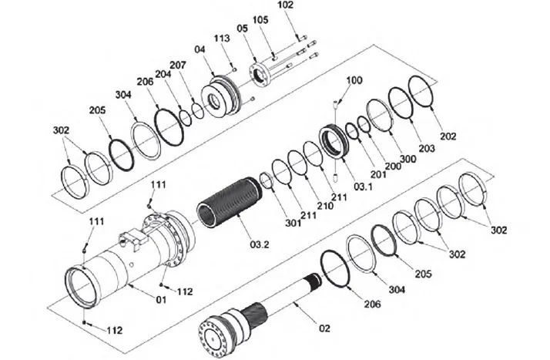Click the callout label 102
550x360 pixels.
285,5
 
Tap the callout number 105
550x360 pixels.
260,20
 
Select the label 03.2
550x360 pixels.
260,244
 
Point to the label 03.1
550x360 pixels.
363,187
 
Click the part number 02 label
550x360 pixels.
324,328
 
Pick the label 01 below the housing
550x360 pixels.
161,300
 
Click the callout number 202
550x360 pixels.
448,136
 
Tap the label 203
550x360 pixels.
426,149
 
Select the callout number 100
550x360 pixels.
354,80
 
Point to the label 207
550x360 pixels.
178,66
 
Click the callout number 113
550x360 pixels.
222,38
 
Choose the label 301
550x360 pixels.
293,223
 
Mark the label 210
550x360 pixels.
325,206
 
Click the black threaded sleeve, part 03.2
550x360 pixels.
229,202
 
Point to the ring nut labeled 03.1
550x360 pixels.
334,141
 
